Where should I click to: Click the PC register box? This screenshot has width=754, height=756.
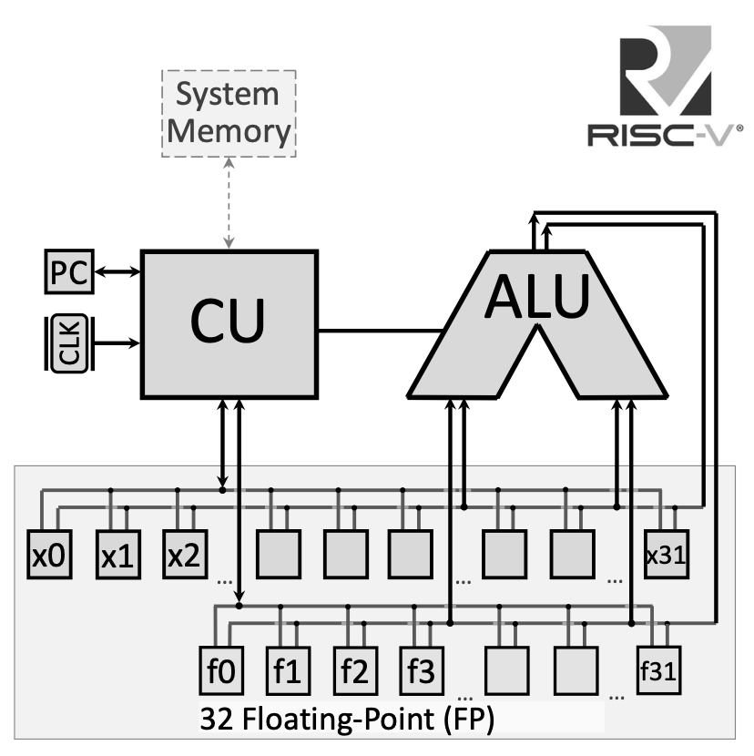pyautogui.click(x=69, y=271)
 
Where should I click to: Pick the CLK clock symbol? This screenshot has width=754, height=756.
pyautogui.click(x=68, y=343)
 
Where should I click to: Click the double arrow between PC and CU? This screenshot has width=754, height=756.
pyautogui.click(x=117, y=271)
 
